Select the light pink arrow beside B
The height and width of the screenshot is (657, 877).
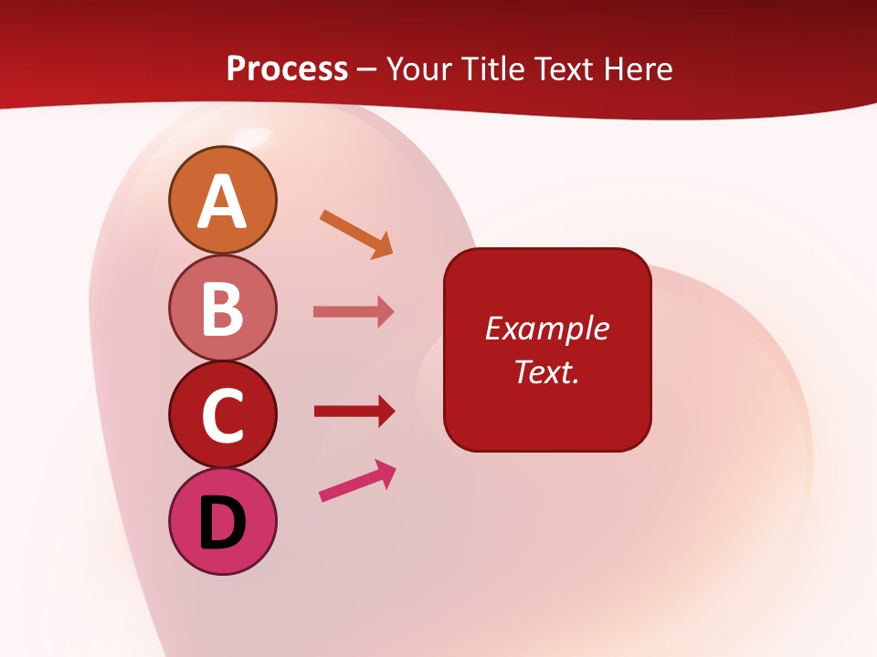(353, 312)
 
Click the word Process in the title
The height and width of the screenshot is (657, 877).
(287, 68)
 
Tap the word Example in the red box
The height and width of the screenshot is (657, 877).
(546, 328)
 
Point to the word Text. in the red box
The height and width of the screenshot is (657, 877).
(546, 371)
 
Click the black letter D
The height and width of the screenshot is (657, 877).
(222, 524)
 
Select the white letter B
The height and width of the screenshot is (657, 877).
(222, 308)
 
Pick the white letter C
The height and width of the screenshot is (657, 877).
(222, 415)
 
